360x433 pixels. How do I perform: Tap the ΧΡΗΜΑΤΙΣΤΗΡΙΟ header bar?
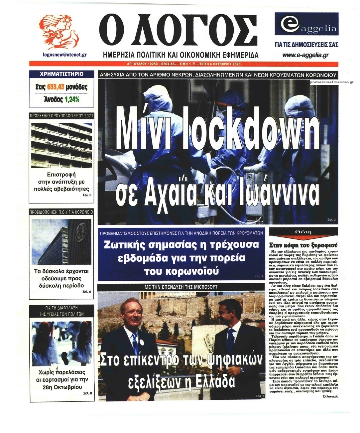62,74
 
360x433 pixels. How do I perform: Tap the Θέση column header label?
303,232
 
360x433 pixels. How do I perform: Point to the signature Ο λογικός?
329,396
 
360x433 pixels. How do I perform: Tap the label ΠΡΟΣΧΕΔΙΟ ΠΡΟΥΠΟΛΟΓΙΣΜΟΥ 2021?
62,115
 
